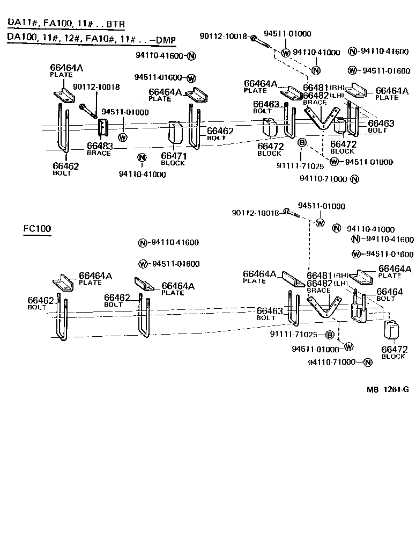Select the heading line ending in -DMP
(92, 40)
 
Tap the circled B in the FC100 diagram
(330, 335)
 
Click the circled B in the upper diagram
(301, 142)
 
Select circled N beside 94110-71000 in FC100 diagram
(367, 363)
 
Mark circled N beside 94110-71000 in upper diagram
(354, 179)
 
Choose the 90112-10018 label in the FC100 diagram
(255, 213)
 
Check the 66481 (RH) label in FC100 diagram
(326, 276)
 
